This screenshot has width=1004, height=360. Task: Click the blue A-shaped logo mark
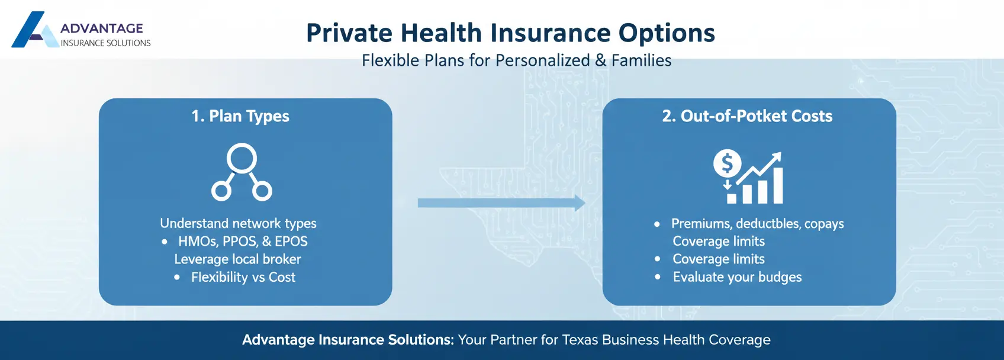(33, 31)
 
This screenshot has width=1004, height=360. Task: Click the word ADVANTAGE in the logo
(102, 28)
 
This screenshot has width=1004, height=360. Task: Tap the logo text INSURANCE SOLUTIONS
(105, 43)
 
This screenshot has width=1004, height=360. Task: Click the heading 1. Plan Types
(240, 116)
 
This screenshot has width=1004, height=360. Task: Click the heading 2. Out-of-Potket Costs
(747, 116)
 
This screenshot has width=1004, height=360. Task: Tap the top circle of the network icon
(242, 158)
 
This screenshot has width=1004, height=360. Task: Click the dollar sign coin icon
(727, 164)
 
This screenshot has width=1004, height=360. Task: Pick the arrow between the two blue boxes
(501, 203)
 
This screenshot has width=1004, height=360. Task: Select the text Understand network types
(238, 223)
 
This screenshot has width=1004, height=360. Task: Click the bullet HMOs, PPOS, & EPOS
(243, 242)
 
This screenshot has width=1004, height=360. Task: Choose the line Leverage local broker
(237, 259)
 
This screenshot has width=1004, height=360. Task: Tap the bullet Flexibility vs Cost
(243, 277)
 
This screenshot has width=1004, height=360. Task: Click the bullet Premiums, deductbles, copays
(757, 224)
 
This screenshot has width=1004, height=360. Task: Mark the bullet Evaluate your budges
(737, 277)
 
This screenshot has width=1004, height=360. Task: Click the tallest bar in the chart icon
(777, 185)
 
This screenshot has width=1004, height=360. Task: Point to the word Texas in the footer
(580, 340)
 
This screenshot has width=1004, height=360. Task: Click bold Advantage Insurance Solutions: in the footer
(347, 340)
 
